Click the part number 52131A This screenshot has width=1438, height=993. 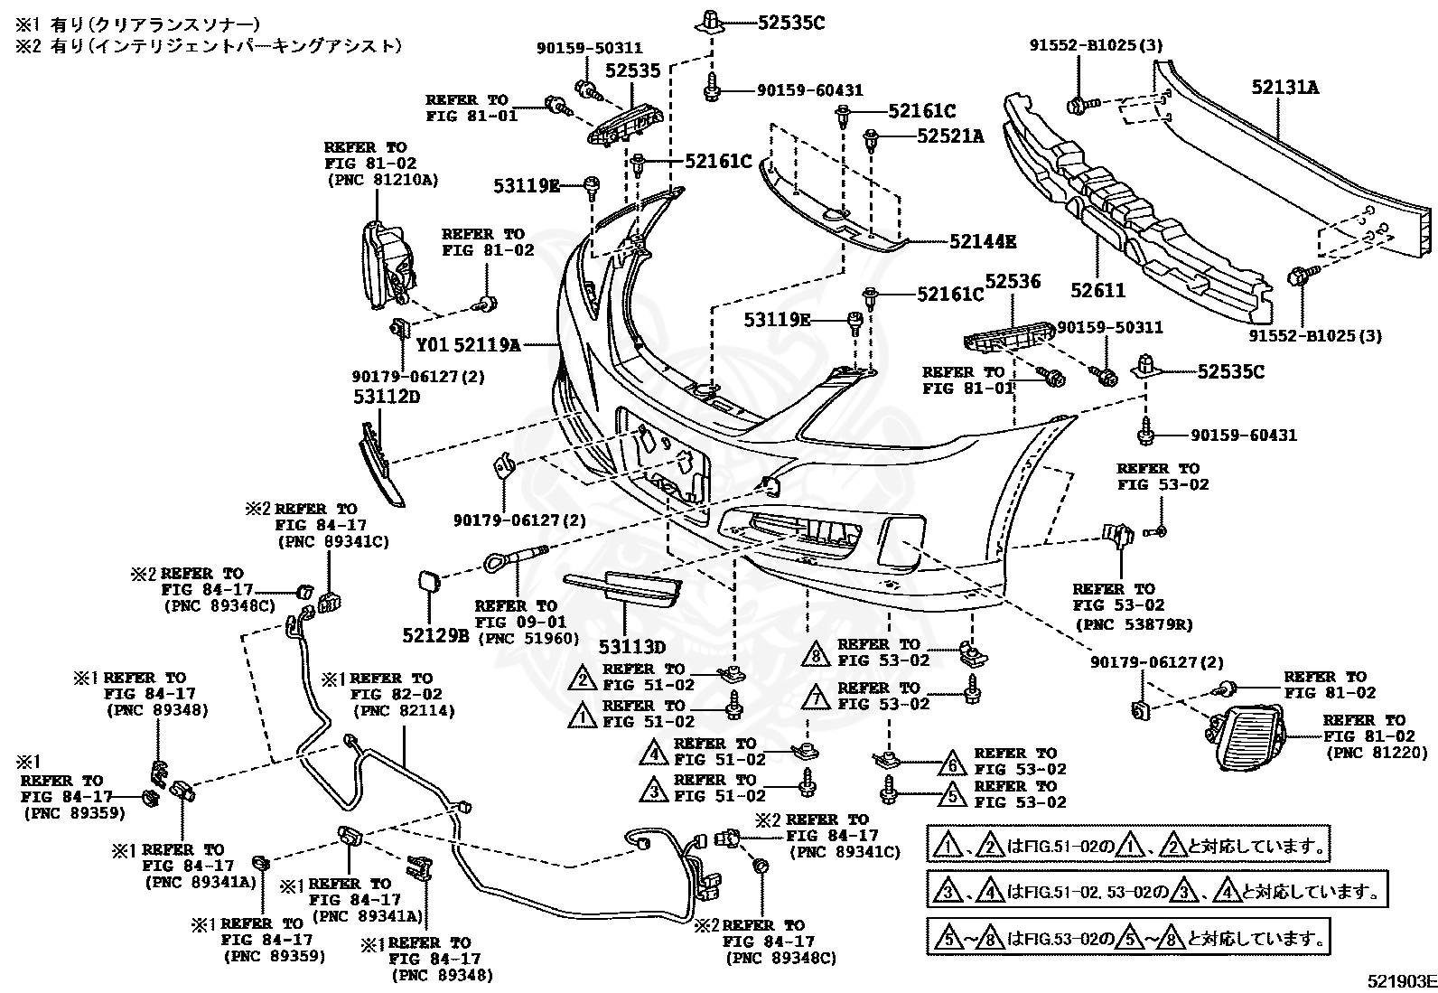coord(1284,87)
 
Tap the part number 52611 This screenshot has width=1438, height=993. coord(1097,291)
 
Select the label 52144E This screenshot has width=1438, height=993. coord(983,241)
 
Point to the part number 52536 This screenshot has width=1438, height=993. coord(1013,281)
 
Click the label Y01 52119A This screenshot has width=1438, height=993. coord(468,345)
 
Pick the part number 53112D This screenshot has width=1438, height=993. coord(388,397)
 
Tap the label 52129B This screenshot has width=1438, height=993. coord(436,635)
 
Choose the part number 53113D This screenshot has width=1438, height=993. coord(631,647)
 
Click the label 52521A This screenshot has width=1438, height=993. coord(950,136)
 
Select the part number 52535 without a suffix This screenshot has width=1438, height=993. coord(632,70)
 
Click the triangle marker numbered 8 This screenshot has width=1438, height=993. coord(816,654)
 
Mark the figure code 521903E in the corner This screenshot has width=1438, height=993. coord(1401,980)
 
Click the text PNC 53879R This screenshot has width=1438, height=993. coord(1135,623)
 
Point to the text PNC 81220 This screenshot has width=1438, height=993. coord(1377,752)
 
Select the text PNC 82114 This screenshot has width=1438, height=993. coord(404,711)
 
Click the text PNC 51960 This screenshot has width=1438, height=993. coord(529,639)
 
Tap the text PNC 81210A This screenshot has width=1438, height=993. coord(383,180)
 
